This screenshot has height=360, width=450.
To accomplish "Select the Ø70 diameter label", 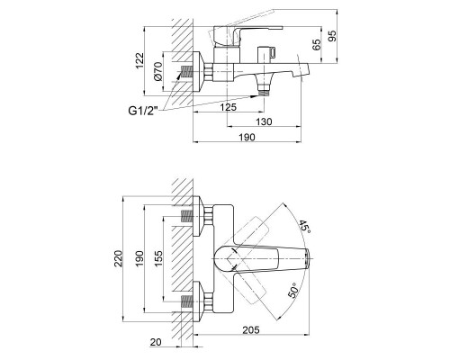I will [x=158, y=71].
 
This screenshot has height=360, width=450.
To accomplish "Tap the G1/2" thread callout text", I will [x=143, y=110].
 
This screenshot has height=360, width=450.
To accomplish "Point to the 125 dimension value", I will [x=229, y=107].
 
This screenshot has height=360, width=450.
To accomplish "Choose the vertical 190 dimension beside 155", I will [x=139, y=262].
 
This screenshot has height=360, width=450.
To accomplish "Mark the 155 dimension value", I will [x=159, y=262].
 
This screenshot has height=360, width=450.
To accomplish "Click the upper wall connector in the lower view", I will [x=193, y=216].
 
